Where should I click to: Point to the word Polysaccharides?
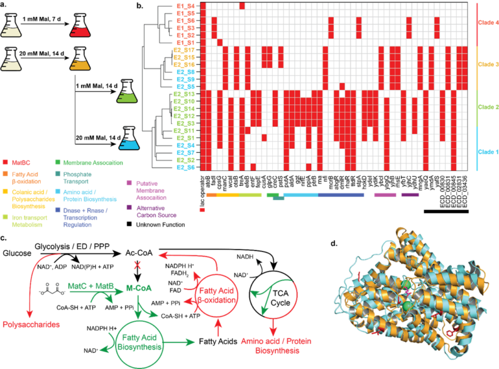pyautogui.click(x=35, y=326)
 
